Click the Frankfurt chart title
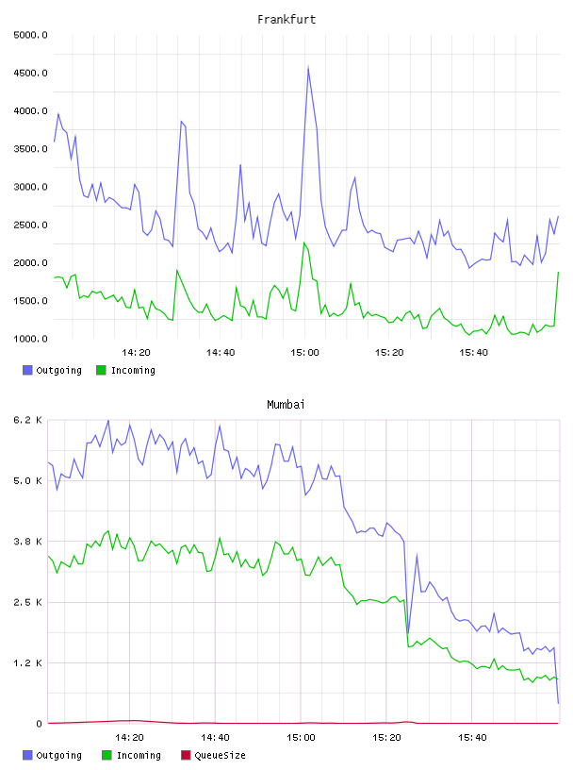click(x=286, y=20)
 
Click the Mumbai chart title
click(x=286, y=405)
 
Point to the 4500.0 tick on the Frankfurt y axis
click(x=30, y=74)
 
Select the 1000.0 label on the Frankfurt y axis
click(x=30, y=339)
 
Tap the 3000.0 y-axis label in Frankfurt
click(x=30, y=187)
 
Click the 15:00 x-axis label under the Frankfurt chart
click(x=304, y=353)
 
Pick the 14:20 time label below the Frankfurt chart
click(x=136, y=353)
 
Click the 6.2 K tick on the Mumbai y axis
click(x=28, y=420)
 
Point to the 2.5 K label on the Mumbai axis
click(x=28, y=603)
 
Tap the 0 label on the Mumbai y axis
click(x=40, y=724)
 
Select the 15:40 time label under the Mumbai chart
click(x=472, y=738)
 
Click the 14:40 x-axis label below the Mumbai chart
click(x=215, y=738)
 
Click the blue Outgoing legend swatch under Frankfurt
click(x=27, y=370)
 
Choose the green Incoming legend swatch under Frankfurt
click(x=101, y=370)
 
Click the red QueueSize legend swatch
click(x=186, y=755)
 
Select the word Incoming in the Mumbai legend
click(x=139, y=756)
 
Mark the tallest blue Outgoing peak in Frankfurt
click(x=308, y=66)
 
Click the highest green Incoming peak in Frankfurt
click(x=304, y=243)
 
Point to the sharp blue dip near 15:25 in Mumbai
click(x=408, y=633)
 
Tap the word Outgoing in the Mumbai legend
click(x=58, y=756)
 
